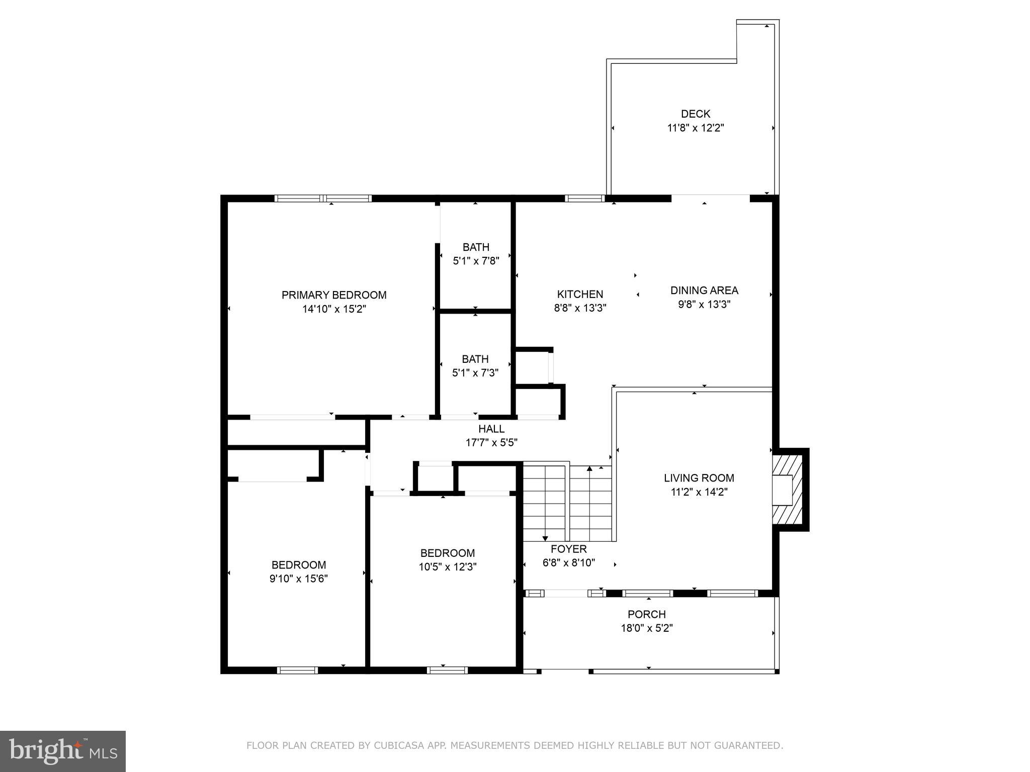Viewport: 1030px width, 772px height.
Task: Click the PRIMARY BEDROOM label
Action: point(334,295)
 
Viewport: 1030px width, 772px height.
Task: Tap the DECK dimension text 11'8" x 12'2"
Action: point(695,128)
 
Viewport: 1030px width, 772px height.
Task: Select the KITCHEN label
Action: point(580,294)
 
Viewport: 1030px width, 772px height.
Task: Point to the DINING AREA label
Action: point(704,290)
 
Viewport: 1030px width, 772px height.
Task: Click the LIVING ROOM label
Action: point(699,478)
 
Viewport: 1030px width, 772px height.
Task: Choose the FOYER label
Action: point(568,549)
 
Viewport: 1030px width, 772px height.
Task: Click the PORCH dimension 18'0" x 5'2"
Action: point(647,628)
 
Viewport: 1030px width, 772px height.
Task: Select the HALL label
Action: point(491,429)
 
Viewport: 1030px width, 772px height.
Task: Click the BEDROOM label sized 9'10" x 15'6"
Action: point(299,565)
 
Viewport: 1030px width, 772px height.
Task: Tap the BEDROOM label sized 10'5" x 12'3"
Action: point(448,553)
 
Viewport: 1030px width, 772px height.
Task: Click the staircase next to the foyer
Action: point(567,502)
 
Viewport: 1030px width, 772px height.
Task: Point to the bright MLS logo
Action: point(62,751)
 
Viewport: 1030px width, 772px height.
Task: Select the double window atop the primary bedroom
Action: point(323,199)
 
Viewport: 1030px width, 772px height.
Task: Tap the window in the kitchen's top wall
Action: point(584,199)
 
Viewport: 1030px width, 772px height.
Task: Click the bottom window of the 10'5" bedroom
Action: point(447,670)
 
